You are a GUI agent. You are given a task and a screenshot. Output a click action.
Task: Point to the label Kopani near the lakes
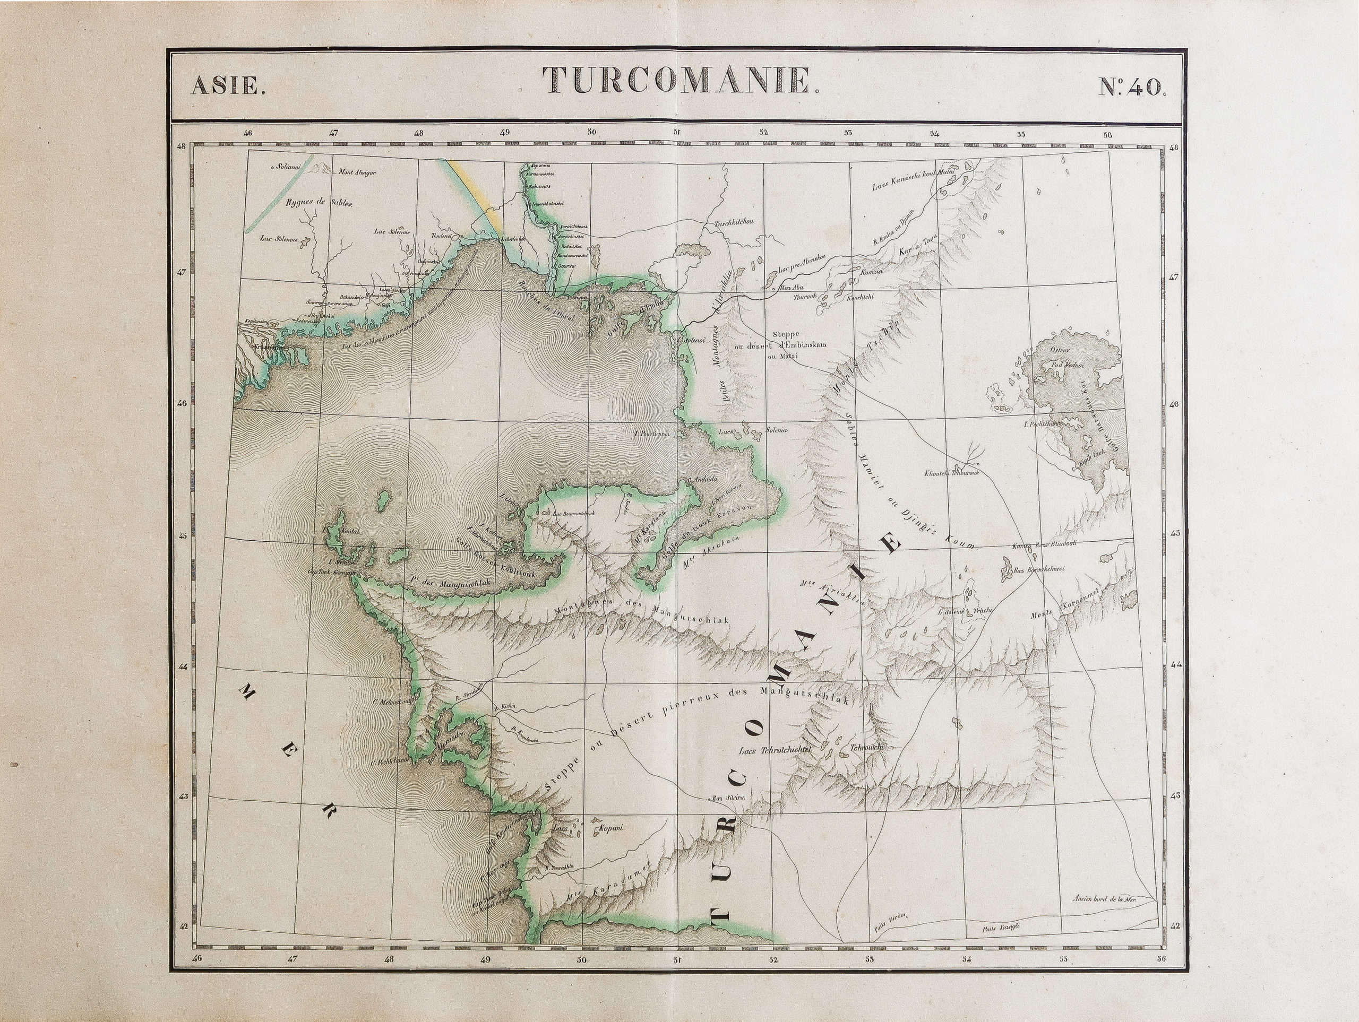click(610, 828)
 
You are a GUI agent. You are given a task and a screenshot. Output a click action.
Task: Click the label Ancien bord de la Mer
click(1105, 898)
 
